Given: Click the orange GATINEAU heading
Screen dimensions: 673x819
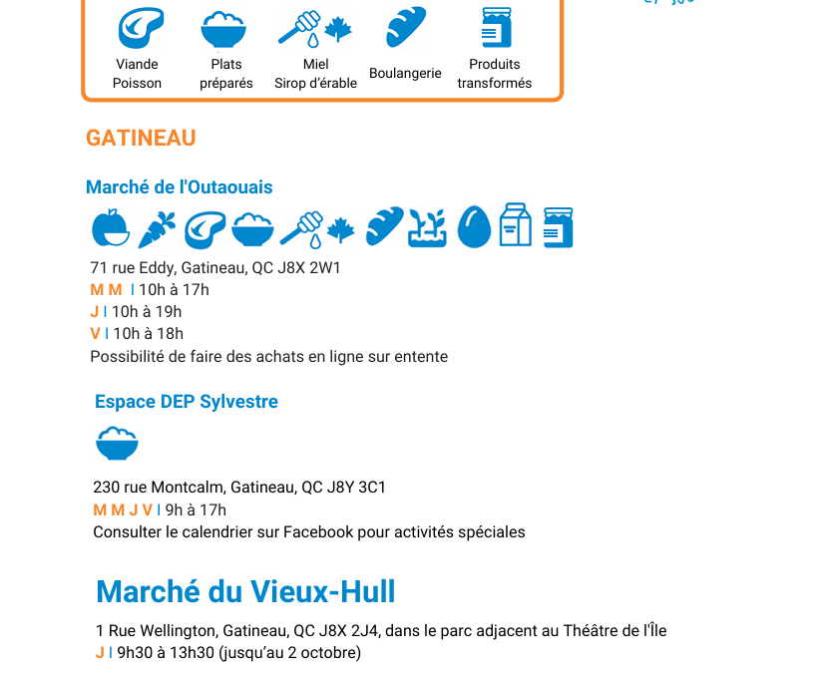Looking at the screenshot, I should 141,138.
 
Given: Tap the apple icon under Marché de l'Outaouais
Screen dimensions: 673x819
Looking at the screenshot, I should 111,227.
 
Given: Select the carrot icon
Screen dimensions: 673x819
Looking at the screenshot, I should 157,228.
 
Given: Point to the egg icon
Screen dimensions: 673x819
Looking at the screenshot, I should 475,227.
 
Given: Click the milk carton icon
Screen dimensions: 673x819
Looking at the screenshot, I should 516,226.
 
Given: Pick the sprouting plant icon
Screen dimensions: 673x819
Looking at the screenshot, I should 427,227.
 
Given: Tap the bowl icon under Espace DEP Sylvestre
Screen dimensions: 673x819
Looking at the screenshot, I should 117,442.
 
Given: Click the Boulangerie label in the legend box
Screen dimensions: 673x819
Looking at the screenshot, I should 405,74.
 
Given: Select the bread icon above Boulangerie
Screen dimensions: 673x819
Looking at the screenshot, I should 406,28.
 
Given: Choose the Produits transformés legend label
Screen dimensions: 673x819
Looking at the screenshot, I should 495,74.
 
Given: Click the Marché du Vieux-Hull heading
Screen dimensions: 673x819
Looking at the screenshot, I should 245,591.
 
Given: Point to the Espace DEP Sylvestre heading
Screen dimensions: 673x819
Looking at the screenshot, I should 187,402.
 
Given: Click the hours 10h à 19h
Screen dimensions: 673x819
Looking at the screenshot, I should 147,312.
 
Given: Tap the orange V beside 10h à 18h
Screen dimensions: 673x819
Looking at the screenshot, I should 95,334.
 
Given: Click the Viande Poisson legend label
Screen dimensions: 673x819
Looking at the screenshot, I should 137,74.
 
